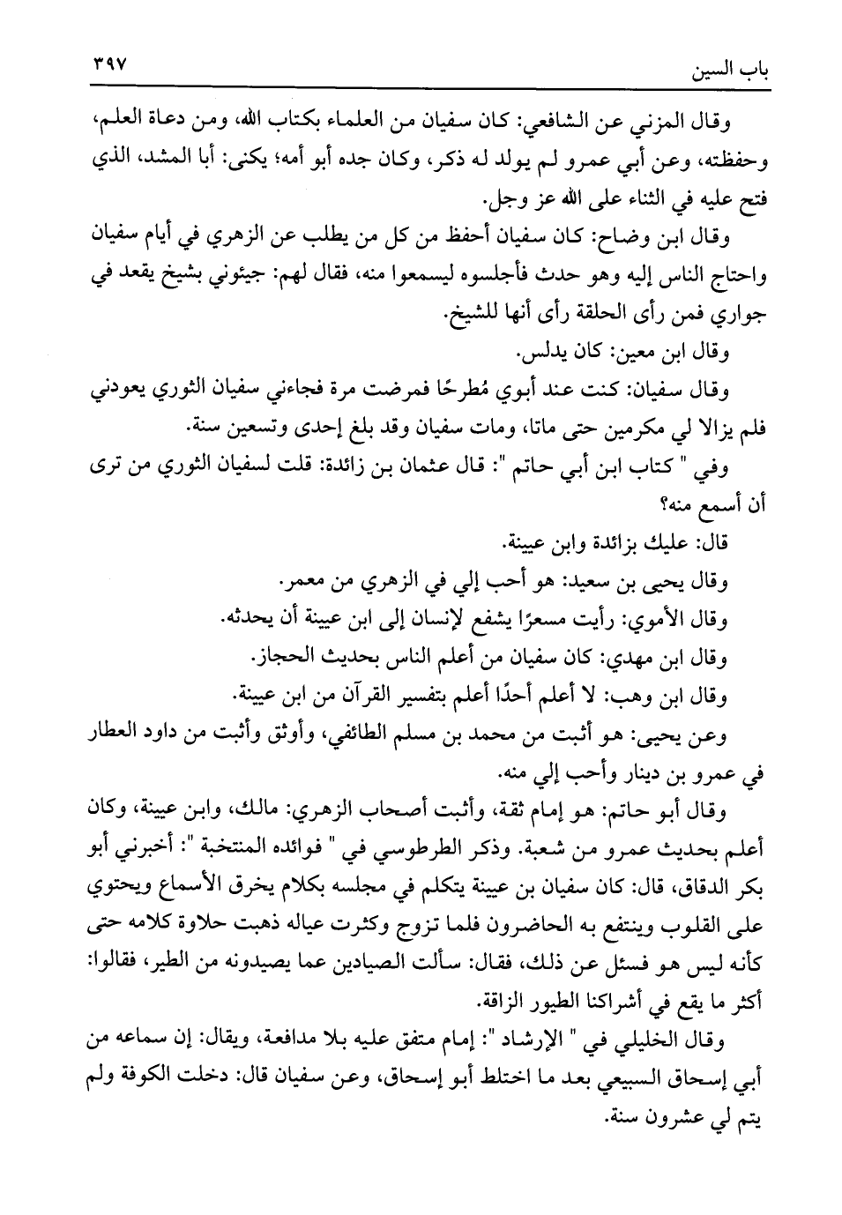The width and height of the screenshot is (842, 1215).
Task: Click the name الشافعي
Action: [563, 120]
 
